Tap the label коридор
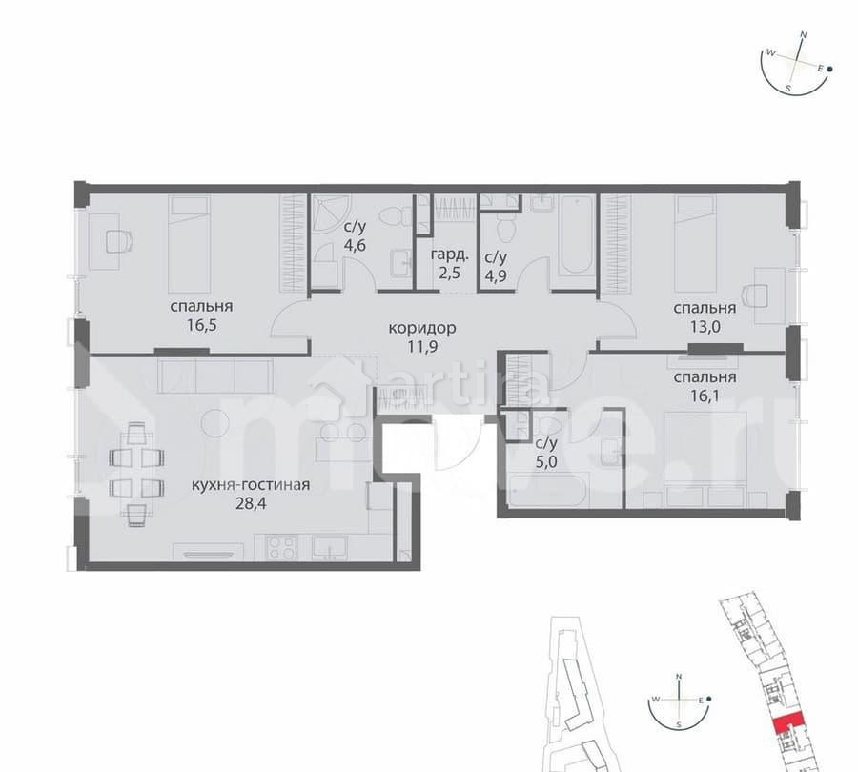(421, 328)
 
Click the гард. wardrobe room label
(448, 255)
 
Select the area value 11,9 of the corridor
(421, 347)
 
